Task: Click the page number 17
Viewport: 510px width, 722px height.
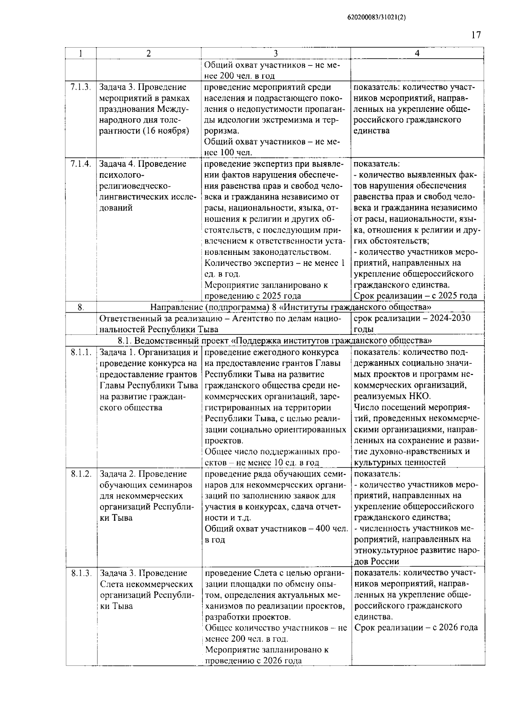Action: pos(476,35)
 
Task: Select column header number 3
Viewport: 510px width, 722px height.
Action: pos(276,54)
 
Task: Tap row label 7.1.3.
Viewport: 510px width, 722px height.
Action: pos(81,87)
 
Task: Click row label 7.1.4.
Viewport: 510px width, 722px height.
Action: pos(81,164)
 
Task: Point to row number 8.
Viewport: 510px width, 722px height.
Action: pos(81,307)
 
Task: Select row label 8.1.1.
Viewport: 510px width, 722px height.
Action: pos(81,352)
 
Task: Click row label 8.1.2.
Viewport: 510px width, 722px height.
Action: pos(81,474)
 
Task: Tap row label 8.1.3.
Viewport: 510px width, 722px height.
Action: pos(81,573)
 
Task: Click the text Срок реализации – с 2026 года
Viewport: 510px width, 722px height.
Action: pos(416,628)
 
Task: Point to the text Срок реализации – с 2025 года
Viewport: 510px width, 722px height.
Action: pos(415,296)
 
